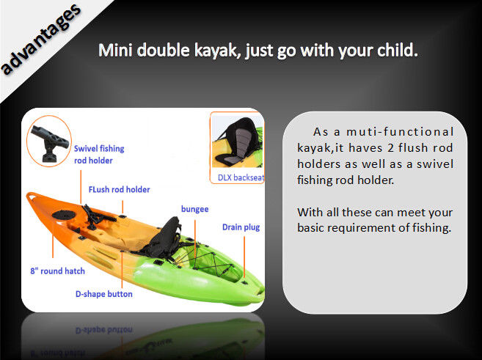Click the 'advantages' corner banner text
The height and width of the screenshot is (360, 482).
(41, 40)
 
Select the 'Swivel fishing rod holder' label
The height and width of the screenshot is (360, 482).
(99, 155)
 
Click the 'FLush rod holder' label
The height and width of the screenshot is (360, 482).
(120, 189)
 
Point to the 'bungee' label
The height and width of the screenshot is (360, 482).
(195, 209)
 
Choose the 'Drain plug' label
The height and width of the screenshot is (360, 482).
(241, 227)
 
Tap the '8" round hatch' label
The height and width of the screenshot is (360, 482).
(57, 271)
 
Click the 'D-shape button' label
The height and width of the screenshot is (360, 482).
(104, 294)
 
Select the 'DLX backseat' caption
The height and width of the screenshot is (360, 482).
(241, 177)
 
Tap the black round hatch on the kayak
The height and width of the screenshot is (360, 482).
(64, 215)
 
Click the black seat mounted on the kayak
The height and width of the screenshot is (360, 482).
(161, 238)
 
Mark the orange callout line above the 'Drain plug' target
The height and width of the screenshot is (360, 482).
(244, 257)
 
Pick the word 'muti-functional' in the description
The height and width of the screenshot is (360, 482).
(400, 132)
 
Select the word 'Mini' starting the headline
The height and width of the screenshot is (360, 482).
(115, 50)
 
